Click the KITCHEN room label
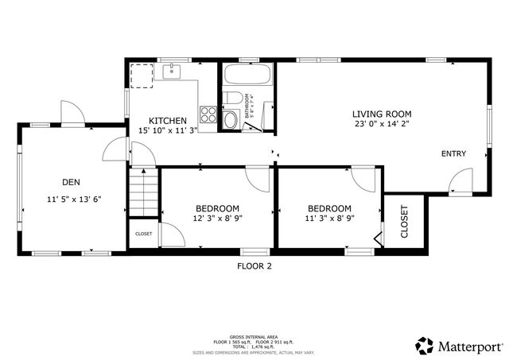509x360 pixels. pos(169,120)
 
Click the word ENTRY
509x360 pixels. pos(453,153)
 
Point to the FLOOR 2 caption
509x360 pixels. pos(254,266)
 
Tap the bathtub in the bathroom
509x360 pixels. pos(247,77)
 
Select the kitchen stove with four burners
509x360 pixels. pos(209,114)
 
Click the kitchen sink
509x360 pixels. pos(172,73)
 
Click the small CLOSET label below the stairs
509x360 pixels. pos(143,234)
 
